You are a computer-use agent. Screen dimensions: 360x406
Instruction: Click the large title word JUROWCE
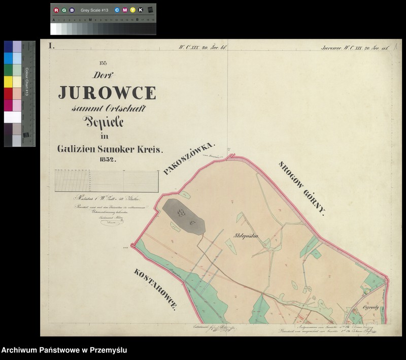pos(107,92)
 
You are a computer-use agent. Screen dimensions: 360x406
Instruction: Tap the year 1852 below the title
pos(108,159)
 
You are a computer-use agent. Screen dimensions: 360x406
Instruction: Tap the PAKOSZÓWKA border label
pos(190,159)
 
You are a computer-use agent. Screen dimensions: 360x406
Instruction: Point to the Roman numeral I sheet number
pos(51,46)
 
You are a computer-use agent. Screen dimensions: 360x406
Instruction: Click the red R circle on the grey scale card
pos(56,10)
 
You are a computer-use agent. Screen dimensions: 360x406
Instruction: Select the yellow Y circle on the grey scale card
pos(133,10)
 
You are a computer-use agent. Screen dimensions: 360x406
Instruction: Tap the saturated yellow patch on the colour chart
pos(9,82)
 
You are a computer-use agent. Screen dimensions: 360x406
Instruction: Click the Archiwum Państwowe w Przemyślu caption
pos(64,350)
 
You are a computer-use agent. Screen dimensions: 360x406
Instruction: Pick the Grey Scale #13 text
pos(95,10)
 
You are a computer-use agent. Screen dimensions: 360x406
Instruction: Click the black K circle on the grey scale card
pos(141,10)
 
